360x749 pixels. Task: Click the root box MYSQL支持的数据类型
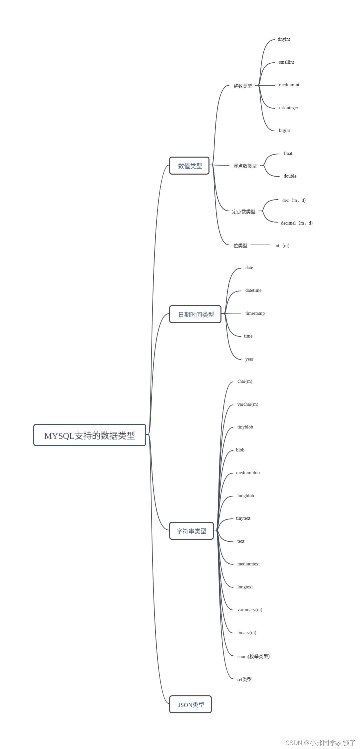coord(90,435)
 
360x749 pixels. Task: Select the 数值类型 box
coord(189,166)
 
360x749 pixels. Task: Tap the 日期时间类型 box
coord(195,314)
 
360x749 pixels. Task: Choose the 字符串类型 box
coord(191,531)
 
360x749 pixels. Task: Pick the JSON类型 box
coord(190,704)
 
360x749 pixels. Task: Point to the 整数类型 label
coord(242,86)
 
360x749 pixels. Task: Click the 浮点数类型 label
coord(245,166)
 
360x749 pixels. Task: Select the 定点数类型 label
coord(243,211)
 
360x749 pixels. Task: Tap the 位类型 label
coord(240,245)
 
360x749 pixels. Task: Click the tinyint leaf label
coord(284,39)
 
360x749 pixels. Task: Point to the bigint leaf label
coord(284,130)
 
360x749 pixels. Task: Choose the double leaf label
coord(290,176)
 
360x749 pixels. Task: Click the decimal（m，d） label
coord(297,223)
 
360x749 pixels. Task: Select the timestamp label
coord(255,313)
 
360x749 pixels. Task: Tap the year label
coord(249,359)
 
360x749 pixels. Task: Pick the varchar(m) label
coord(247,404)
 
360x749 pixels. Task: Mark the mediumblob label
coord(248,472)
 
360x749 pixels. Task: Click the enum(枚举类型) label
coord(253,656)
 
